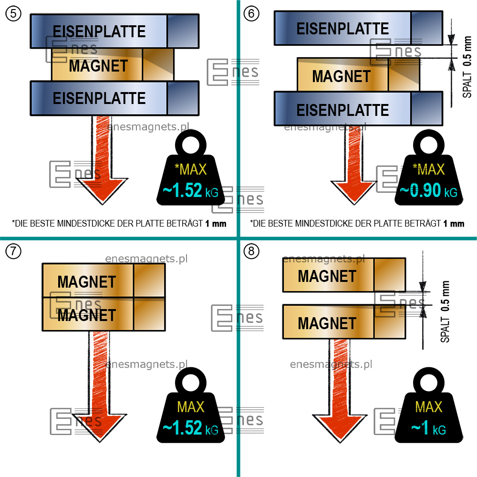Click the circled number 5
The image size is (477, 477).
(x=13, y=13)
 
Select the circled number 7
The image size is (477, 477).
(x=13, y=251)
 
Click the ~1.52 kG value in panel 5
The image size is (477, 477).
(x=190, y=191)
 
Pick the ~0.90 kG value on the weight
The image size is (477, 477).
(x=428, y=191)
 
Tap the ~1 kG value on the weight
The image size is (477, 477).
(x=428, y=428)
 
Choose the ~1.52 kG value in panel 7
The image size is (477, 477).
(x=190, y=428)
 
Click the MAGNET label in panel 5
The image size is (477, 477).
(x=98, y=66)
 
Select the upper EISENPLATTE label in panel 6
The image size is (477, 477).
(x=342, y=29)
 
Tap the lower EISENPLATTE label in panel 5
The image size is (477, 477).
(x=99, y=98)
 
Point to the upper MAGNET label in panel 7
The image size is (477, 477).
(x=87, y=282)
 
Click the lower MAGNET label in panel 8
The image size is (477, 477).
(x=327, y=323)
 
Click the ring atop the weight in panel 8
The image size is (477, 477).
(x=429, y=381)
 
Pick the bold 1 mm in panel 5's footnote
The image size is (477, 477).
(x=216, y=223)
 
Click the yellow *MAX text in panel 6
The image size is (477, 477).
(x=428, y=169)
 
